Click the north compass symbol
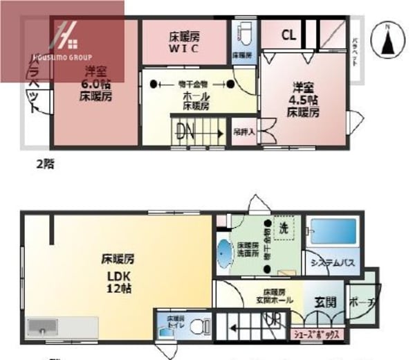387,41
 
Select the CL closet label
289,35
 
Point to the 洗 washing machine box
284,228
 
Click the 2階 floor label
45,165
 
